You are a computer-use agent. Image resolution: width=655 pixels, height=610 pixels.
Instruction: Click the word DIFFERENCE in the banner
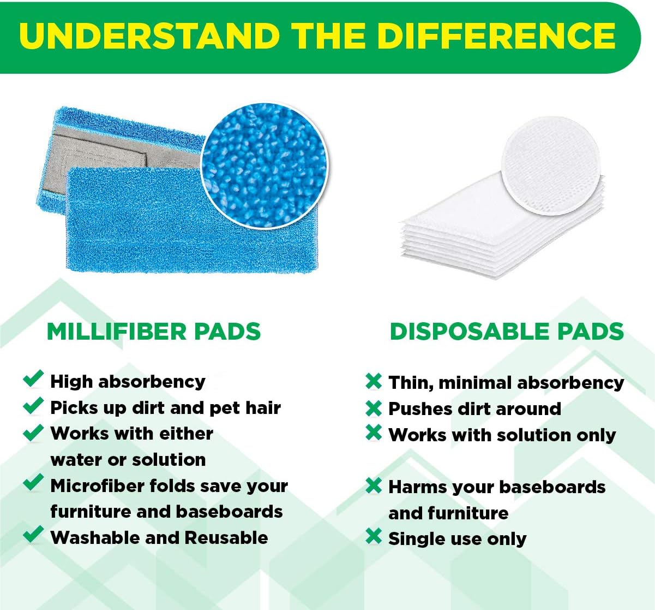(x=496, y=36)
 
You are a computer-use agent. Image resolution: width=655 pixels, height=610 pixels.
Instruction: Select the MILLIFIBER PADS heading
(x=154, y=331)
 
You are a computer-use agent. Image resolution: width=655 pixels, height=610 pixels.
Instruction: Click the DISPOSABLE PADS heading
(x=507, y=331)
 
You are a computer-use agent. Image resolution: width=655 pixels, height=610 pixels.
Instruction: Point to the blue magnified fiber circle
(x=265, y=165)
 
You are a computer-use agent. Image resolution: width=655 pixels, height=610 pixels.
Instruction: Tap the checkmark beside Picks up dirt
(x=33, y=405)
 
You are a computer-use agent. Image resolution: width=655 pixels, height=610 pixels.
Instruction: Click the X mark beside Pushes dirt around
(x=374, y=407)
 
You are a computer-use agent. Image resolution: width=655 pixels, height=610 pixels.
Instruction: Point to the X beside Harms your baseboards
(x=374, y=485)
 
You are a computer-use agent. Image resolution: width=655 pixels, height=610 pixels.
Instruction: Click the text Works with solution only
(x=502, y=435)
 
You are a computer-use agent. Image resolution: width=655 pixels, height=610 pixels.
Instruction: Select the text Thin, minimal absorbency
(x=506, y=382)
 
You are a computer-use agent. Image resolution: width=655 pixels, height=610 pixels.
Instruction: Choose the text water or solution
(x=128, y=459)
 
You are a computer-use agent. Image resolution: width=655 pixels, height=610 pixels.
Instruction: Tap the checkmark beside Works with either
(x=33, y=432)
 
